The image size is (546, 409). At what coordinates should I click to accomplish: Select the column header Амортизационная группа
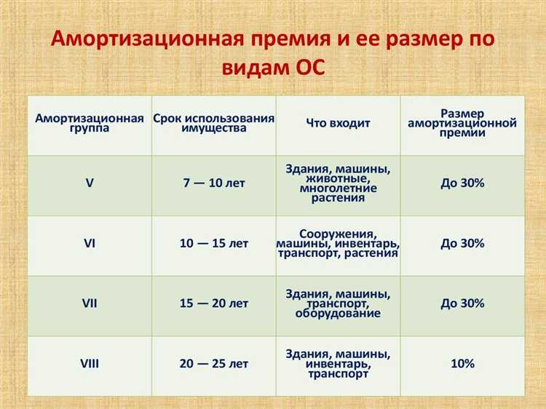coord(89,123)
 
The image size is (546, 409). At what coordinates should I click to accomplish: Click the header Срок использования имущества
coord(214,123)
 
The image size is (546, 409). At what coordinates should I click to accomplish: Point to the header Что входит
coord(338,123)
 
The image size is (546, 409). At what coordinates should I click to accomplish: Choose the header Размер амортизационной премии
coord(462,123)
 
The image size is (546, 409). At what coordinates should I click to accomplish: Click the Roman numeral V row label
coord(89,183)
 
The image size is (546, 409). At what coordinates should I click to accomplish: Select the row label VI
coord(89,243)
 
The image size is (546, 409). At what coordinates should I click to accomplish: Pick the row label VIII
coord(89,363)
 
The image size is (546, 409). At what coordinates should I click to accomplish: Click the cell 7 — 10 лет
coord(214,183)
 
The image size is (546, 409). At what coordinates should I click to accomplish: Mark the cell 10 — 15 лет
coord(214,243)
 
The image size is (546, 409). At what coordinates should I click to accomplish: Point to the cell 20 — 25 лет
coord(214,363)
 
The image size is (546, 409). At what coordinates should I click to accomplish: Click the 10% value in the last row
coord(462,363)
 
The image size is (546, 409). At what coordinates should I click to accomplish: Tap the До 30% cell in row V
coord(462,183)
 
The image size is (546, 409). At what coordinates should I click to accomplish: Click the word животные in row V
coord(338,178)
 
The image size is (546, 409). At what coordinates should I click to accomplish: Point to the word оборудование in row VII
coord(338,314)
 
